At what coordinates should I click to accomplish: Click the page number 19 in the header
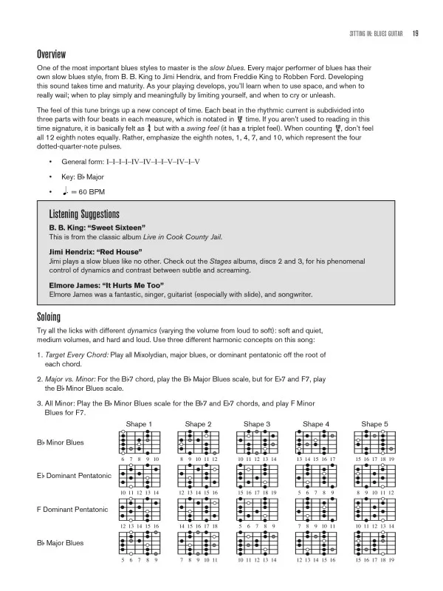[416, 32]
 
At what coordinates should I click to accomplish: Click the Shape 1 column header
[139, 424]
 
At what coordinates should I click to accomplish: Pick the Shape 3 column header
[257, 424]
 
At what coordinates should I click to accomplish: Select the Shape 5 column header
[375, 424]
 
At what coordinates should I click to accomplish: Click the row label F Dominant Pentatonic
[72, 510]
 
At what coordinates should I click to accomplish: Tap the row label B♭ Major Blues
[61, 543]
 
